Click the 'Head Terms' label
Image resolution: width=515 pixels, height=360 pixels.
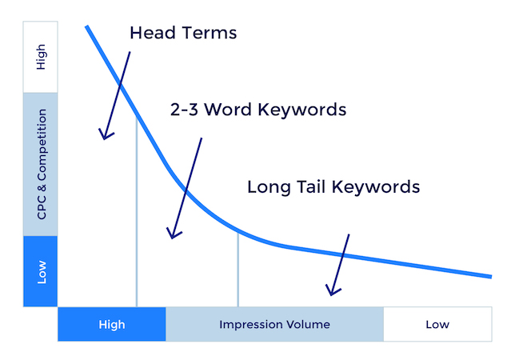click(x=183, y=34)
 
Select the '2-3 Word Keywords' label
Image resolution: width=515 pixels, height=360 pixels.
click(x=258, y=110)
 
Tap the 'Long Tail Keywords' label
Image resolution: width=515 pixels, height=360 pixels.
click(x=333, y=187)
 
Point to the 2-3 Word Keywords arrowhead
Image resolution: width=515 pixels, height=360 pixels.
click(x=170, y=235)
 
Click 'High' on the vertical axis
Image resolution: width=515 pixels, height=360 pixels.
click(x=42, y=57)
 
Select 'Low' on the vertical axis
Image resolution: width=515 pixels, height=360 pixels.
click(x=42, y=272)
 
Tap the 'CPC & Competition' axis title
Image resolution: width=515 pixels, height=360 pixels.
click(x=42, y=164)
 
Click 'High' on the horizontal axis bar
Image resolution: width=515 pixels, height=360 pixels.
click(x=112, y=325)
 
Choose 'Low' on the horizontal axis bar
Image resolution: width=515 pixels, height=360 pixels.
click(x=437, y=325)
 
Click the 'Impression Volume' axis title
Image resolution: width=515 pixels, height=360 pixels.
click(x=274, y=325)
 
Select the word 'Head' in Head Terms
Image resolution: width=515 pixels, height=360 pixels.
click(x=152, y=34)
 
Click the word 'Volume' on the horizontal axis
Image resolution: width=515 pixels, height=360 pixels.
click(x=308, y=325)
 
